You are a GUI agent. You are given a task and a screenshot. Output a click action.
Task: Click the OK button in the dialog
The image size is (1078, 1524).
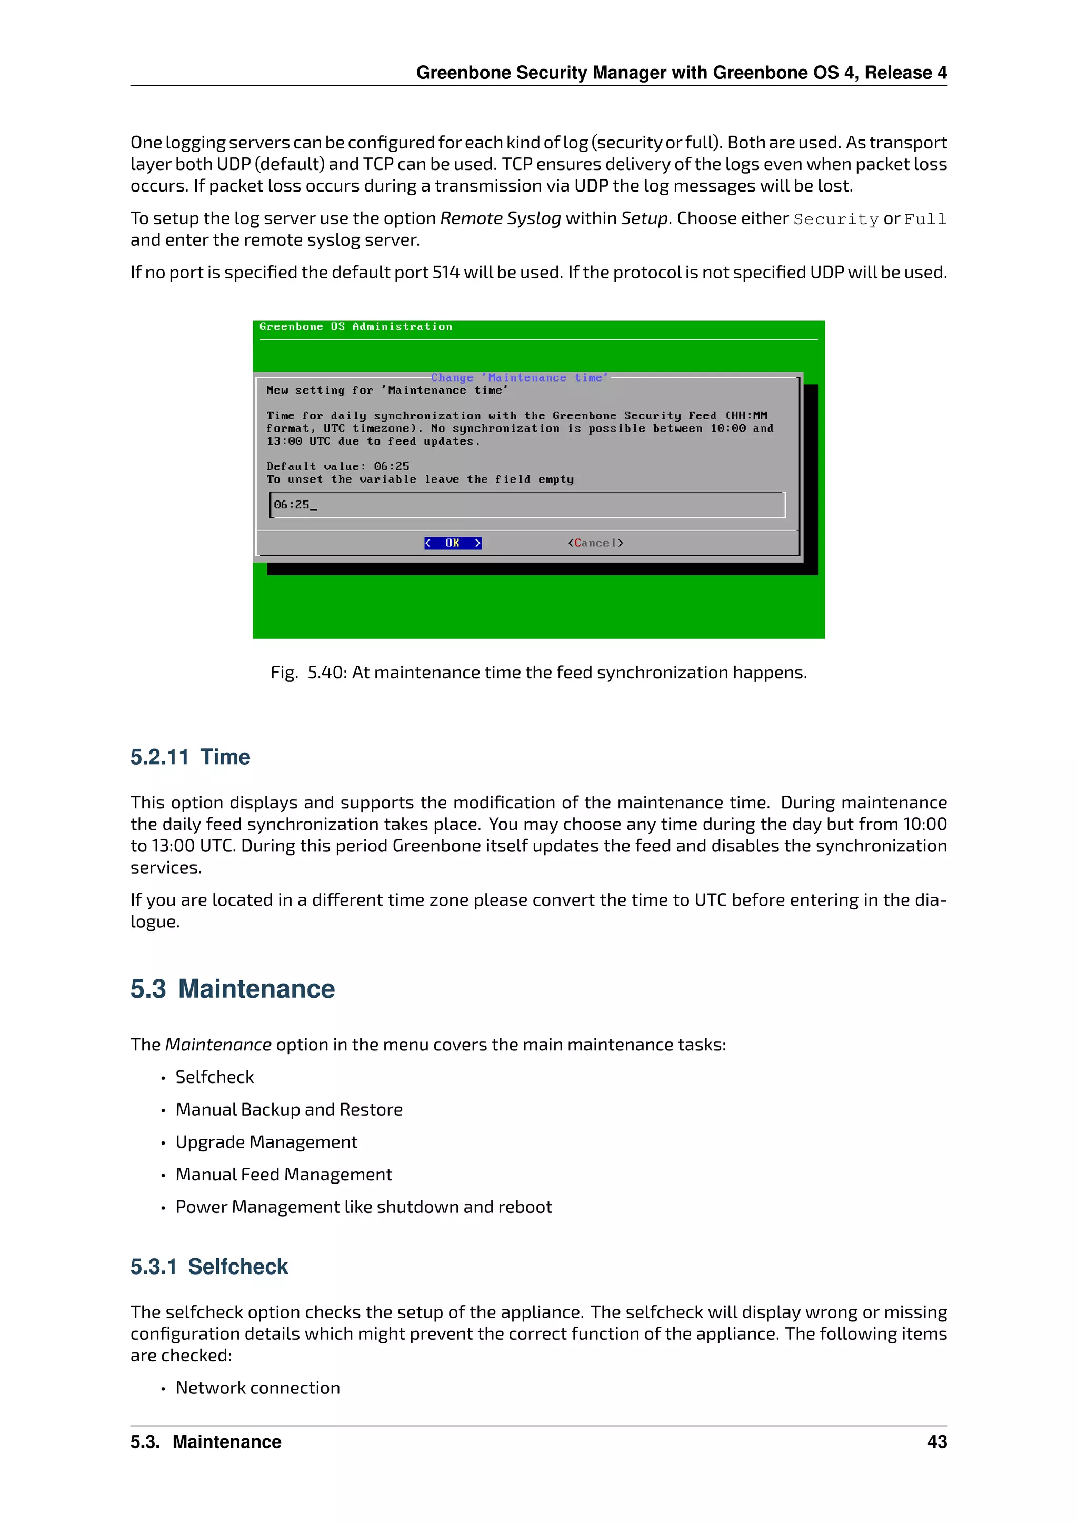tap(453, 543)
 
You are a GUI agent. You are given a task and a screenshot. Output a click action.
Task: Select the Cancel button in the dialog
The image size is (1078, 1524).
tap(595, 543)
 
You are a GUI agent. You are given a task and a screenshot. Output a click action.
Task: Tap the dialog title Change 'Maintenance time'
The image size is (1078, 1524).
tap(519, 378)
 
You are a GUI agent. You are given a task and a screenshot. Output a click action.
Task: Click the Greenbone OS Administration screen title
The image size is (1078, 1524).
tap(355, 327)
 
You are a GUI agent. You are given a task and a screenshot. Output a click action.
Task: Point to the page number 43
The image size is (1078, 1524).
tap(936, 1442)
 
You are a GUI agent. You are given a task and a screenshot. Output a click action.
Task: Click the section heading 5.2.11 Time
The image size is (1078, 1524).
tap(190, 757)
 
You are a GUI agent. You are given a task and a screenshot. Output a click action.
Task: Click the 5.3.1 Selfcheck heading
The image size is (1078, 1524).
tap(209, 1267)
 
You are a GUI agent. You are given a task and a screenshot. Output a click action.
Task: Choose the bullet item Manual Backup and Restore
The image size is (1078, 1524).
tap(289, 1109)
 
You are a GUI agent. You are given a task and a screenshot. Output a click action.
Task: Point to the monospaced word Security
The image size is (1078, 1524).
tap(836, 219)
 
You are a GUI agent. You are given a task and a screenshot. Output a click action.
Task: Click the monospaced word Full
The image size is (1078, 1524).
tap(925, 219)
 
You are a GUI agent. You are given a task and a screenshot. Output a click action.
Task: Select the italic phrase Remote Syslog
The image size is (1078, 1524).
tap(501, 218)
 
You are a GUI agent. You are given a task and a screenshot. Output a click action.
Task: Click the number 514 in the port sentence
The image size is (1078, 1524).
tap(445, 272)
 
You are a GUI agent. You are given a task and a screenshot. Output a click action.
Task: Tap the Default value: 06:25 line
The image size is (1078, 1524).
tap(338, 467)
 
